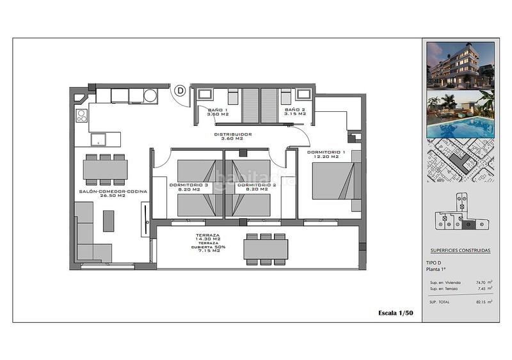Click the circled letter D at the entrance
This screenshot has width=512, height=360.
(180, 91)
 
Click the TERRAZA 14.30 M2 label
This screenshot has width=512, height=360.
(209, 237)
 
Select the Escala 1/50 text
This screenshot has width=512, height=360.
(395, 313)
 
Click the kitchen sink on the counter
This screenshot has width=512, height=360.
(99, 139)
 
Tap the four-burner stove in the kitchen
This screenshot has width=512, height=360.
(82, 116)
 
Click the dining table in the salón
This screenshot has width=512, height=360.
(105, 169)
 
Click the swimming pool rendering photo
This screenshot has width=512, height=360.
(461, 115)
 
